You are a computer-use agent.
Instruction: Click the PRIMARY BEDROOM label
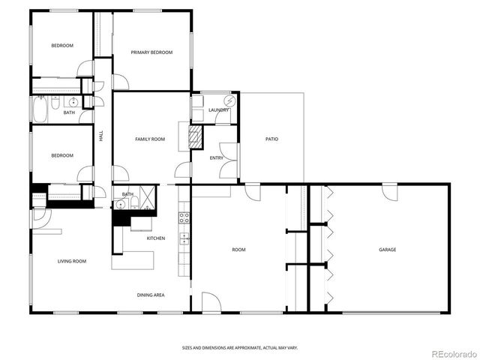click(151, 52)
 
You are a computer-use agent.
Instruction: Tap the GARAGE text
click(387, 250)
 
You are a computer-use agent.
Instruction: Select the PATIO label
click(272, 139)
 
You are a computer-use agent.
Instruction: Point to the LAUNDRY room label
click(218, 110)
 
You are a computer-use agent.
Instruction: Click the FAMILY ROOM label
click(150, 139)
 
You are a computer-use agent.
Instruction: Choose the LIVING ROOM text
click(72, 261)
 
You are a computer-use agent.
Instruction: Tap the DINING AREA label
click(151, 295)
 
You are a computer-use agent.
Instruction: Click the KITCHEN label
click(155, 238)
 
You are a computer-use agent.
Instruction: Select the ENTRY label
click(217, 157)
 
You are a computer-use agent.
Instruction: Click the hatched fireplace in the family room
click(195, 136)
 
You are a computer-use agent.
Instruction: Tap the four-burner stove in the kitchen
click(183, 220)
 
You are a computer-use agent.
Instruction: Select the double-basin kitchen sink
click(183, 240)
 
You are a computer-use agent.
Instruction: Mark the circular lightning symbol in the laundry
click(230, 100)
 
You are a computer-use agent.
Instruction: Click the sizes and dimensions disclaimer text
click(240, 347)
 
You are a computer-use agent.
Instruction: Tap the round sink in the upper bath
click(73, 102)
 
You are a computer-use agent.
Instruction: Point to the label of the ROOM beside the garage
click(238, 250)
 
